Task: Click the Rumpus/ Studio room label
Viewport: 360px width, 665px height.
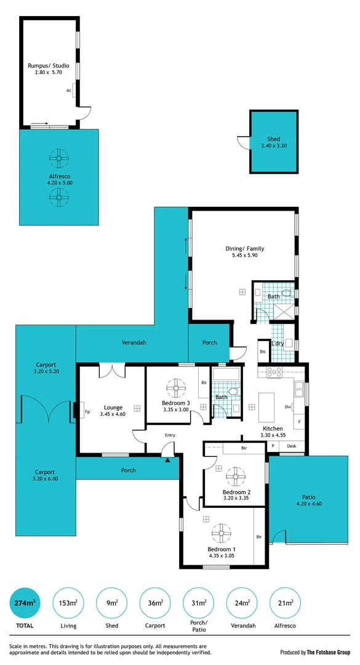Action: (48, 65)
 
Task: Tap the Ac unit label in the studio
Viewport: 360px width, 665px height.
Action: (69, 90)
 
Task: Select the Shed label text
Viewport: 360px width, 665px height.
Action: (273, 139)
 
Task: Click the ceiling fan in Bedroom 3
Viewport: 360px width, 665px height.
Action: (176, 388)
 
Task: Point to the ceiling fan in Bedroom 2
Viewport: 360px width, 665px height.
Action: (234, 476)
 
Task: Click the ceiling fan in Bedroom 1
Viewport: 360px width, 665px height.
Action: (222, 533)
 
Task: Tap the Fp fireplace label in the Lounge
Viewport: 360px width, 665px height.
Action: (88, 412)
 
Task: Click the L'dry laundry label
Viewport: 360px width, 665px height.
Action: (278, 343)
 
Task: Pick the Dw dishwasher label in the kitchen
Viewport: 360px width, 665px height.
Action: (288, 407)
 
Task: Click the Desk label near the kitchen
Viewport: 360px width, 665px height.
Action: (292, 446)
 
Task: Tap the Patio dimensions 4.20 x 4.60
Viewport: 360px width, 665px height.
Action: (308, 504)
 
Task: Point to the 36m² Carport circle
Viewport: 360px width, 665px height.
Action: (155, 603)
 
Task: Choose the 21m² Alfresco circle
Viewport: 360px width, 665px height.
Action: (284, 603)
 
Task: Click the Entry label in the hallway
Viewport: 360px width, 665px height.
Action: (170, 435)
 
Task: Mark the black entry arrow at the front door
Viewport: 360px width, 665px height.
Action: (167, 458)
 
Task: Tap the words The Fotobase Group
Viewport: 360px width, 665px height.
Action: (329, 652)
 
